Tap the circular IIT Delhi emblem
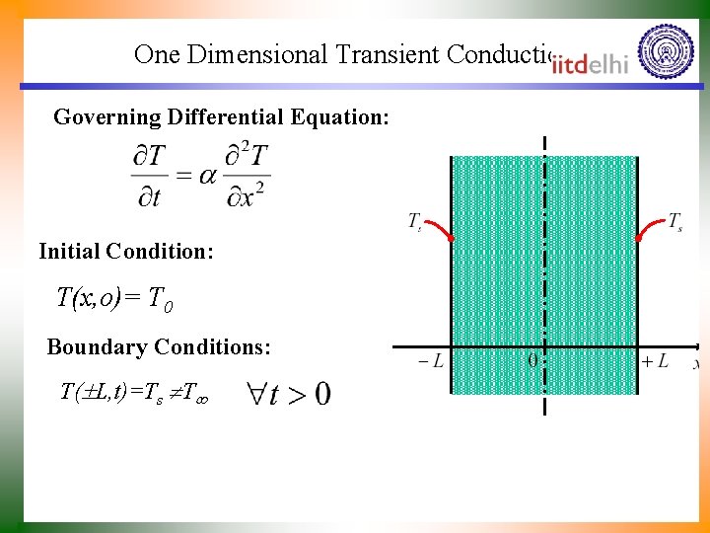point(666,52)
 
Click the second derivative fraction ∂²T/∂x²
point(247,176)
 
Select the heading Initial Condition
point(125,252)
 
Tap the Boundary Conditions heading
point(158,347)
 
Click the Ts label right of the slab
point(675,221)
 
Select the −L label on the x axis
point(430,362)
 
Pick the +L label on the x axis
point(655,362)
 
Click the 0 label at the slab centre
point(532,362)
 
